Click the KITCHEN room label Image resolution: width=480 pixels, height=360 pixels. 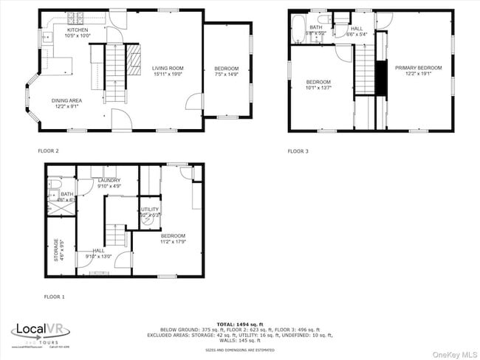(78, 30)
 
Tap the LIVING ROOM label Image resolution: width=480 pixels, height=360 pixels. (168, 69)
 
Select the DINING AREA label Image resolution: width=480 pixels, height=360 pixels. (66, 100)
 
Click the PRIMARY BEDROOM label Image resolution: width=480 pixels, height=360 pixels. (418, 68)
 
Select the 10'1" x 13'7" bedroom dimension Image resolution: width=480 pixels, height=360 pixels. (319, 87)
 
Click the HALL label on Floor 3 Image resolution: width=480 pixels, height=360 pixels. (357, 30)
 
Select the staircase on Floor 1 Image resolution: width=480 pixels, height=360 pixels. (114, 235)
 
